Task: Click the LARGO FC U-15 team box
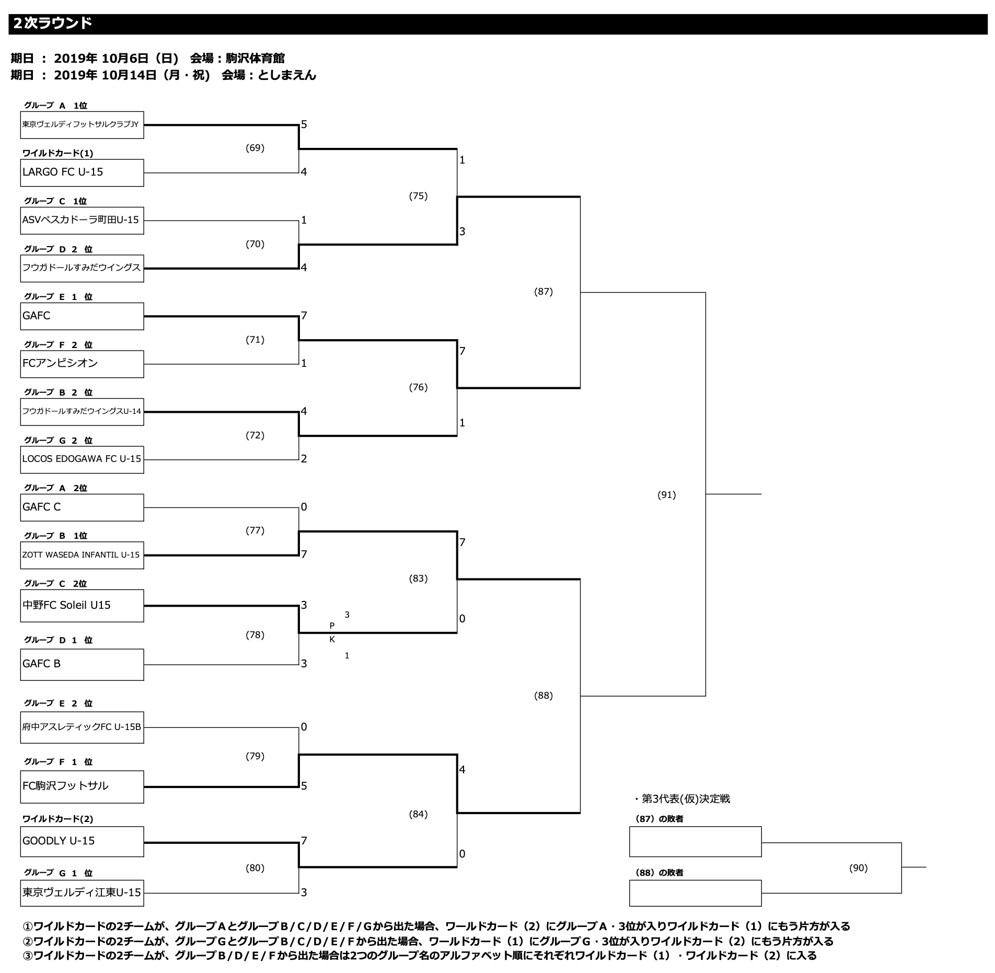(x=82, y=172)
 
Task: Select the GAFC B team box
(x=82, y=664)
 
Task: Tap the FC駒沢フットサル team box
(x=82, y=786)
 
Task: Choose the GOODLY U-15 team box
(x=82, y=841)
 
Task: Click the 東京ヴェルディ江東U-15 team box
(x=82, y=893)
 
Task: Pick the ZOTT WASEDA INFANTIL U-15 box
(x=82, y=555)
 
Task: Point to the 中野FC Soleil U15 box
(x=82, y=606)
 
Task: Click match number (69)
(x=255, y=148)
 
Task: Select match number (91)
(x=666, y=495)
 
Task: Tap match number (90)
(x=858, y=868)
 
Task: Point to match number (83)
(x=418, y=578)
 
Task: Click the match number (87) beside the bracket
(x=543, y=292)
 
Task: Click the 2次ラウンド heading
(x=53, y=24)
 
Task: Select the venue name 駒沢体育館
(x=255, y=58)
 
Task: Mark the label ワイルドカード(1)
(x=57, y=153)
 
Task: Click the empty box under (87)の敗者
(x=695, y=841)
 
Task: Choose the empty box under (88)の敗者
(x=695, y=893)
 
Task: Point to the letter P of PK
(x=332, y=626)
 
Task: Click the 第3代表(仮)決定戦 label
(x=685, y=798)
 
